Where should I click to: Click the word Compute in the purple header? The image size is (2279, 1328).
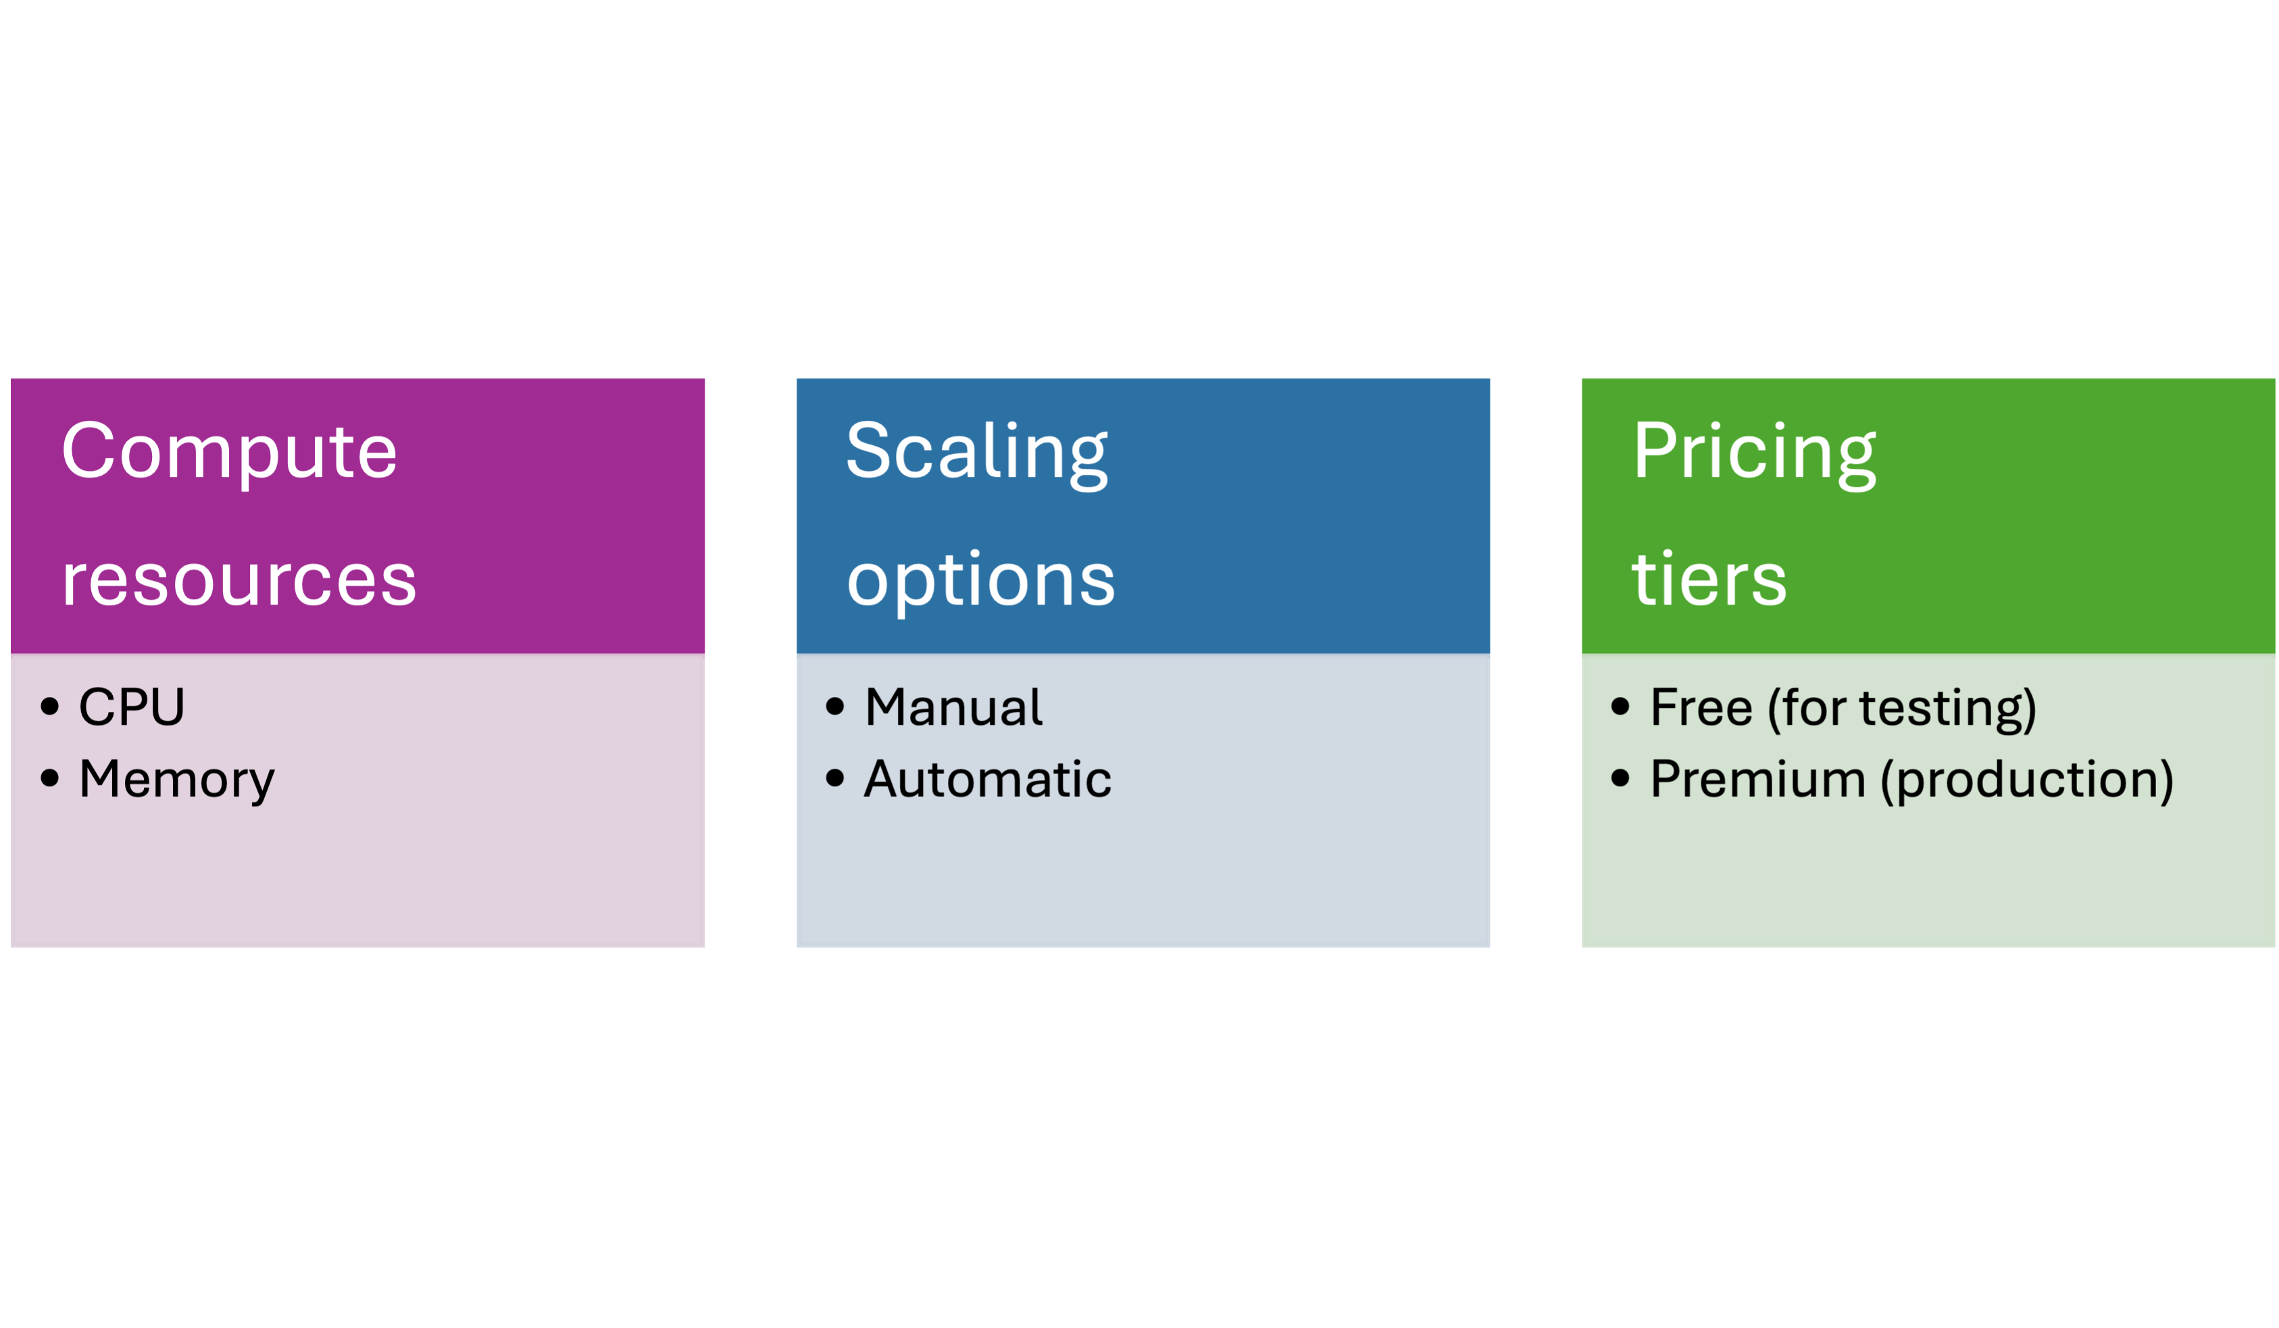pos(229,452)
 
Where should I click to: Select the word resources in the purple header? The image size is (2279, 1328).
pos(239,580)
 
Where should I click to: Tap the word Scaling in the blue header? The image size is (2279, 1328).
pos(977,452)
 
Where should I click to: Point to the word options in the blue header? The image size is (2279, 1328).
pos(980,580)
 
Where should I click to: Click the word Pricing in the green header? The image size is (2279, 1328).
pos(1755,452)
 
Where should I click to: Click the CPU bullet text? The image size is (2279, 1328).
pos(132,707)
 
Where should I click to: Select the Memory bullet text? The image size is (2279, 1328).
pos(176,780)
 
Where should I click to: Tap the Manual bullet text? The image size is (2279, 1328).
pos(953,707)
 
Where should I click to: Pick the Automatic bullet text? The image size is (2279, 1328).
pos(988,780)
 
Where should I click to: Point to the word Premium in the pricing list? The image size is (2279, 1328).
pos(1757,780)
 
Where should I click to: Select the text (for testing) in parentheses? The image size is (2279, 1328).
pos(1902,708)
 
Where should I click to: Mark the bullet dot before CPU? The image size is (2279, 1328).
pos(50,706)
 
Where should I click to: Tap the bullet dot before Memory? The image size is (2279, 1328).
pos(50,777)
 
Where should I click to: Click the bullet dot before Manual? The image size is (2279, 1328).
pos(834,706)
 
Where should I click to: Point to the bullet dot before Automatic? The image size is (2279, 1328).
pos(834,777)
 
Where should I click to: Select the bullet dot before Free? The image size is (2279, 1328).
pos(1621,706)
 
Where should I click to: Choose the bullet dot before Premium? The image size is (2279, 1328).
pos(1621,777)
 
